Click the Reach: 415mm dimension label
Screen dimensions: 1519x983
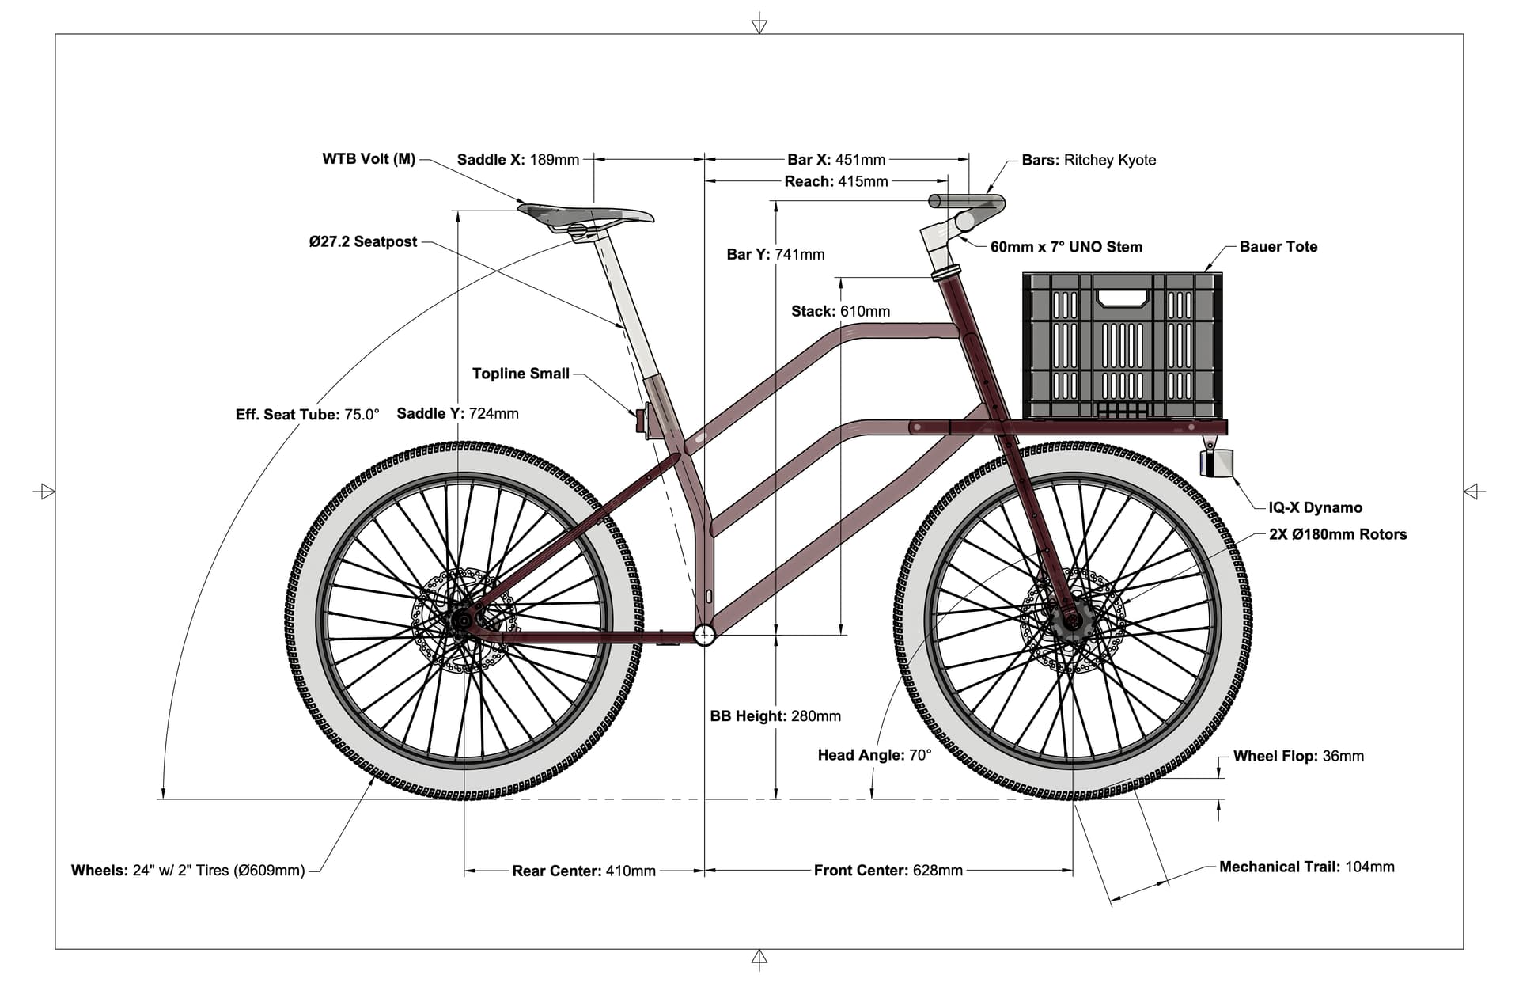tap(836, 181)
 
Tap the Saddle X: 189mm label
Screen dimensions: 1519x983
tap(518, 159)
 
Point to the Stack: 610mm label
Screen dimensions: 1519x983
tap(840, 311)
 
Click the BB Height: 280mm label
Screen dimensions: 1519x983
tap(775, 715)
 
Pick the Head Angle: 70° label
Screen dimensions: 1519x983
tap(874, 755)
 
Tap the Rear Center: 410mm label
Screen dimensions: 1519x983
tap(584, 871)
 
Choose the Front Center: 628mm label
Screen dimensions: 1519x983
tap(888, 871)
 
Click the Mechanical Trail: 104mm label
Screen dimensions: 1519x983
tap(1306, 867)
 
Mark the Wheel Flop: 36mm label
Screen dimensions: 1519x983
tap(1298, 756)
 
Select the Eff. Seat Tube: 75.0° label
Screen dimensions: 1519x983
tap(307, 414)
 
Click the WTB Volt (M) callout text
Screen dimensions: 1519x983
tap(369, 158)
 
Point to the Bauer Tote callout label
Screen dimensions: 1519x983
tap(1278, 246)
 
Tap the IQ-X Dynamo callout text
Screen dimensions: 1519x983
tap(1315, 507)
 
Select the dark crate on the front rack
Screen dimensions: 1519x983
tap(1123, 346)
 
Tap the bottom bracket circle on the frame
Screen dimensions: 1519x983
tap(704, 634)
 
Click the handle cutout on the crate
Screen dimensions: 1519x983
tap(1123, 298)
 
